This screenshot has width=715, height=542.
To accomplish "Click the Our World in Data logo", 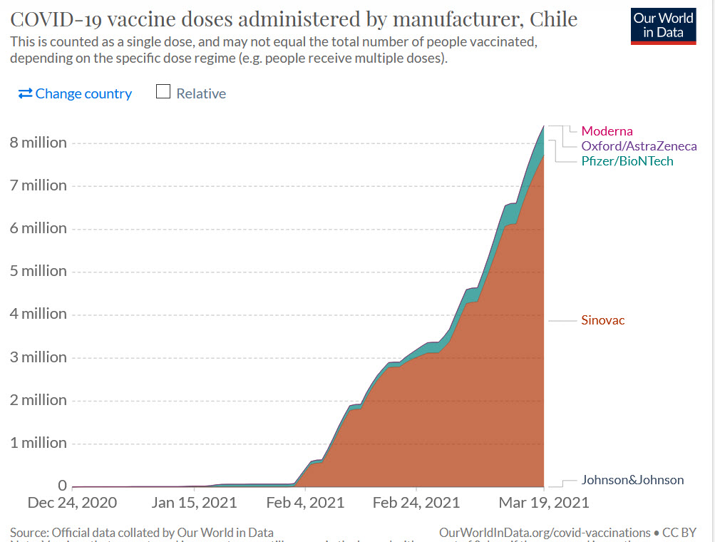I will [x=663, y=26].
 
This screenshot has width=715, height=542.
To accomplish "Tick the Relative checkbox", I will [x=163, y=93].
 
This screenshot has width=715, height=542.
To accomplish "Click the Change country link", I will [x=75, y=93].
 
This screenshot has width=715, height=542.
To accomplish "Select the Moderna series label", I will [x=607, y=131].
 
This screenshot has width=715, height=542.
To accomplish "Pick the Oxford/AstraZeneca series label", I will [x=639, y=146].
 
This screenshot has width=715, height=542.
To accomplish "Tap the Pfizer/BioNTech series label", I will [x=627, y=161].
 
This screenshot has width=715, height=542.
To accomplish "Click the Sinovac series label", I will [x=602, y=320].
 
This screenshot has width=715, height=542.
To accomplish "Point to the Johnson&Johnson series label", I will [x=632, y=480].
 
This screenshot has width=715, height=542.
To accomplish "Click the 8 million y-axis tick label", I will [x=38, y=143].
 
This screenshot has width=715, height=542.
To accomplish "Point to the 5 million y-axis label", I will [x=38, y=271].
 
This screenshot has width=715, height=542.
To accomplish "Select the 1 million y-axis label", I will [x=38, y=443].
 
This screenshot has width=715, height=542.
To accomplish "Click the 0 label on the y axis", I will [x=62, y=486].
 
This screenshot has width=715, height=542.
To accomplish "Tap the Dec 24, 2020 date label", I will [x=72, y=503].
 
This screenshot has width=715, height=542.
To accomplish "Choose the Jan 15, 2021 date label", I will [x=195, y=503].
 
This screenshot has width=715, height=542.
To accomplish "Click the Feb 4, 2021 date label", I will [x=304, y=503].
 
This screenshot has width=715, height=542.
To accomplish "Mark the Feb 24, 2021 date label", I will [x=416, y=503].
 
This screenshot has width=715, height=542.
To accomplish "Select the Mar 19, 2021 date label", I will [x=544, y=503].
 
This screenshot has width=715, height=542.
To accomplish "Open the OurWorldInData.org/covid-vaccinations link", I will [x=545, y=533].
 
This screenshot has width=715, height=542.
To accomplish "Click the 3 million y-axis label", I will [x=38, y=357].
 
